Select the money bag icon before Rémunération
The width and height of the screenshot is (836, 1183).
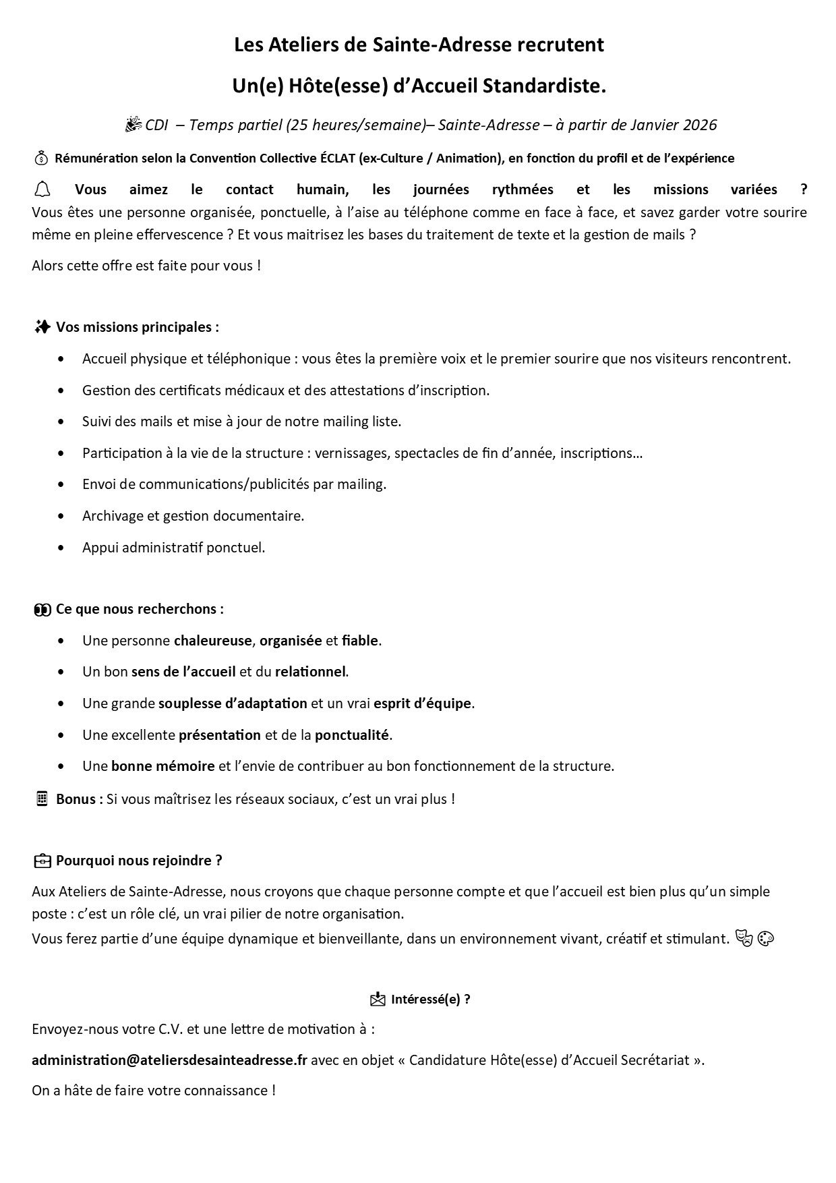pos(41,158)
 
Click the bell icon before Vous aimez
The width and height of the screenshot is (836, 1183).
pos(42,189)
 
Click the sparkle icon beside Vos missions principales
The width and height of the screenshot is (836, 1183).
pos(42,327)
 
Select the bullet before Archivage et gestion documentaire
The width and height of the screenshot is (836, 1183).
pos(62,516)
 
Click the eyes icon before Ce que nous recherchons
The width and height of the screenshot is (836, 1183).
pos(42,609)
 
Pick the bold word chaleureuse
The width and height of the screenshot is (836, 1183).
pos(212,640)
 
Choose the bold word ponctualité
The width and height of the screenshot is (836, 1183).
pos(351,734)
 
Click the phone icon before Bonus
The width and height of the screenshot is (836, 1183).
pos(42,799)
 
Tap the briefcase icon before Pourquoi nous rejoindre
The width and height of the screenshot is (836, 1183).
pos(42,861)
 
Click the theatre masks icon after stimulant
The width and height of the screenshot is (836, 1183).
pos(744,938)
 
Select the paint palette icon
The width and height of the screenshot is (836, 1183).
pos(766,938)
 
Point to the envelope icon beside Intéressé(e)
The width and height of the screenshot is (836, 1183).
pos(378,999)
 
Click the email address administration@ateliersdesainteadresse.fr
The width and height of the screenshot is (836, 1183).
pos(169,1060)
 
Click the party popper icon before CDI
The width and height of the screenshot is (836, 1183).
pos(133,124)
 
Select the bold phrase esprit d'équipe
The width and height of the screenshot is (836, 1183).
pos(423,703)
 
